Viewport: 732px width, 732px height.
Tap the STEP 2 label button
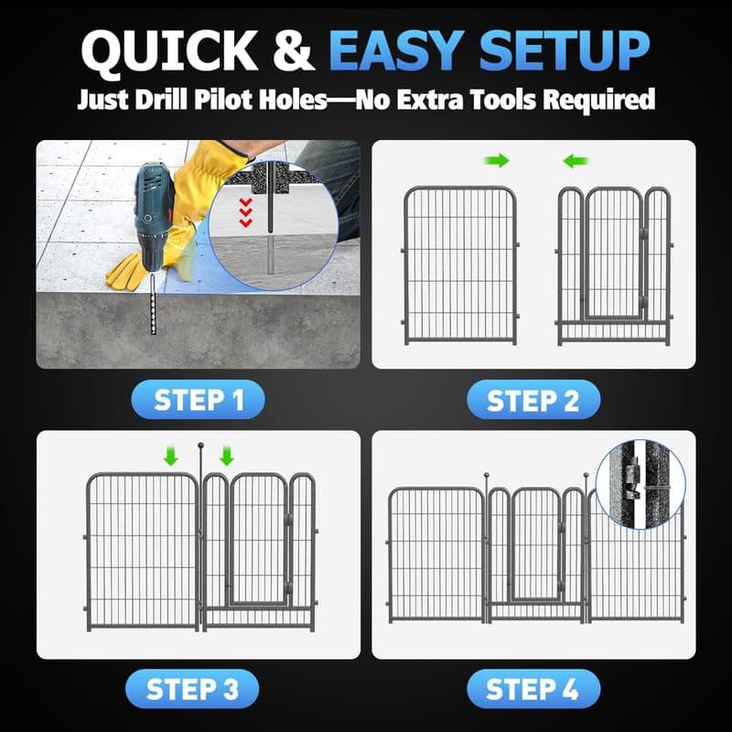coord(533,400)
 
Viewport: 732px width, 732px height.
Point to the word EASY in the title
coord(400,52)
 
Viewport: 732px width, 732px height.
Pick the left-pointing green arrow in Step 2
coord(575,161)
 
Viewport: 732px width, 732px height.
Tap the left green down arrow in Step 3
coord(170,456)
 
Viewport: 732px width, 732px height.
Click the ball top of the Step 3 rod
coord(199,447)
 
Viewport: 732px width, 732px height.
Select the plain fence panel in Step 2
coord(460,265)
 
